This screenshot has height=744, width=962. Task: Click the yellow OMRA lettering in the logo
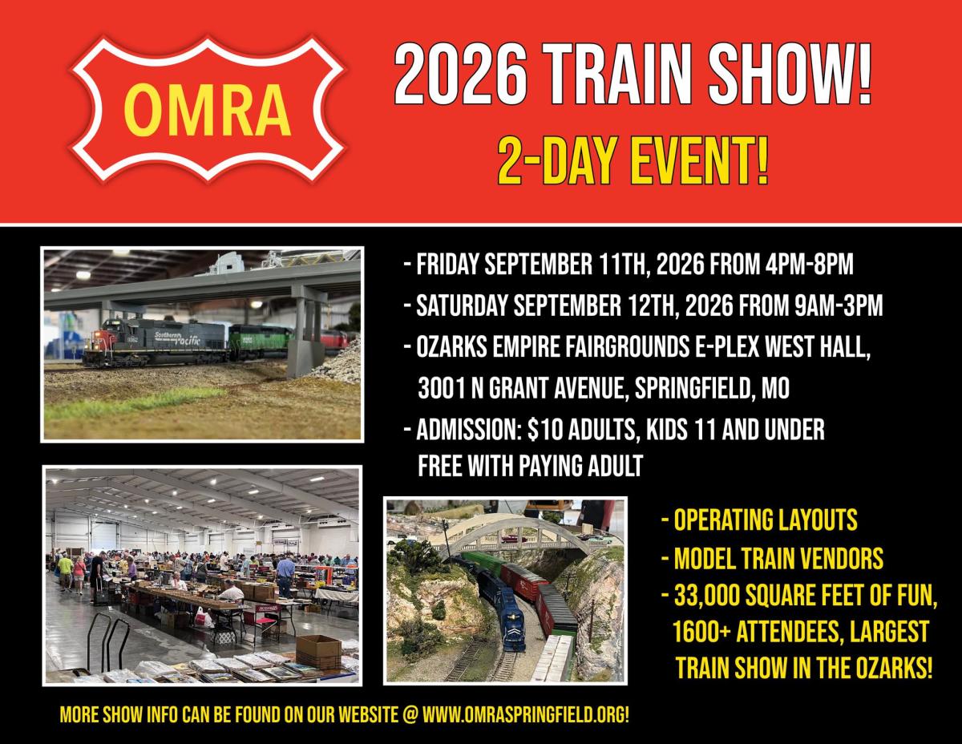[207, 110]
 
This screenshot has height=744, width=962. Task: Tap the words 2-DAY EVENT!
[633, 161]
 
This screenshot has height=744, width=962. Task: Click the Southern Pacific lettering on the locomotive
[177, 338]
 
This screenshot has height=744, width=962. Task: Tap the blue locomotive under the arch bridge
[503, 611]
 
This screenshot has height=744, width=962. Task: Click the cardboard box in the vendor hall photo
[319, 650]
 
